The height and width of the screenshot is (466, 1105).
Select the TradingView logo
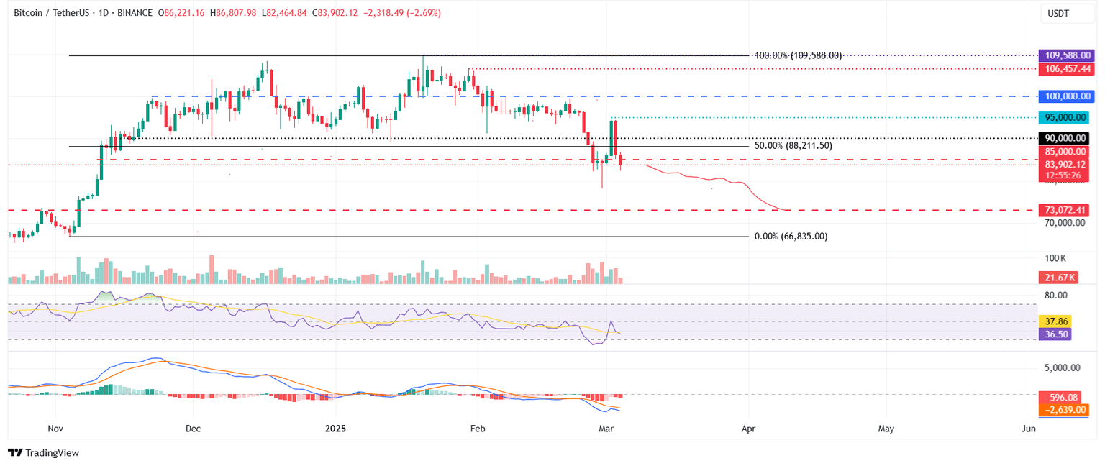coord(44,453)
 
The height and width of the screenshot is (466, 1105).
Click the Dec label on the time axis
coord(193,429)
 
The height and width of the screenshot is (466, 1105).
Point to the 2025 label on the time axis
coord(336,429)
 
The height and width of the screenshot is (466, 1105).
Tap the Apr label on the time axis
coord(748,429)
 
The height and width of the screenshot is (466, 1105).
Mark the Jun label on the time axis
coord(1029,429)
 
